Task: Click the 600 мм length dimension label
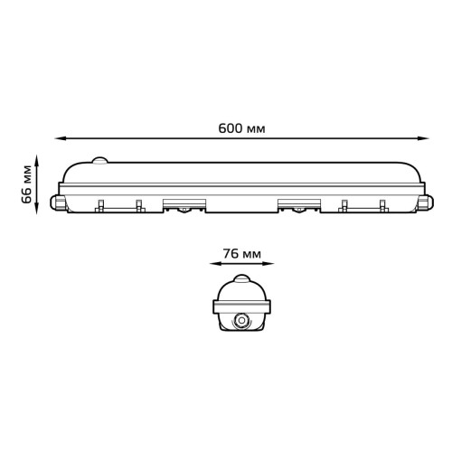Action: point(241,128)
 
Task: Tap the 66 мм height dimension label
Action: point(26,184)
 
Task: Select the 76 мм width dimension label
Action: point(242,254)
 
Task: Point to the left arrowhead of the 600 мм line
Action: point(59,138)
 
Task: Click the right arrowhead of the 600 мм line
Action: point(424,138)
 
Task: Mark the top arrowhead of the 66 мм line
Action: point(37,159)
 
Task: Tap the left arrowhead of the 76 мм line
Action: point(214,264)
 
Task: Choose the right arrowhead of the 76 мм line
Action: point(269,264)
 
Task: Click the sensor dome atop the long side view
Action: point(99,160)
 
